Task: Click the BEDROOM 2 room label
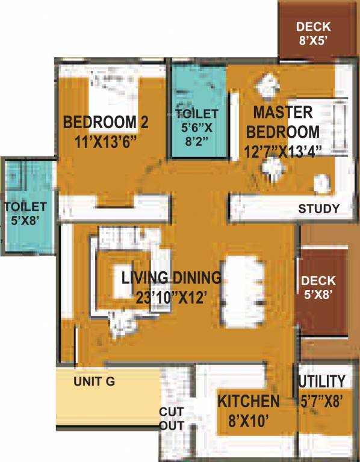(x=105, y=123)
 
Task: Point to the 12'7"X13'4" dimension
(x=287, y=150)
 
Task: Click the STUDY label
(x=319, y=209)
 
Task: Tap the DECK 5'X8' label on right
(x=323, y=288)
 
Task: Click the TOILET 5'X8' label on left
(x=25, y=214)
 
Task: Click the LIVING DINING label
(x=171, y=278)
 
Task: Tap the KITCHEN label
(x=248, y=401)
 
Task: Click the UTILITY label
(x=322, y=381)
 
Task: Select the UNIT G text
(x=94, y=381)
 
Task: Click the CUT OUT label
(x=171, y=419)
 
